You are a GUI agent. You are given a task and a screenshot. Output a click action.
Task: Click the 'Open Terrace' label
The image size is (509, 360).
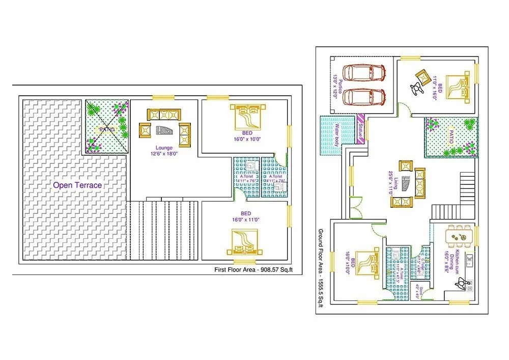point(77,185)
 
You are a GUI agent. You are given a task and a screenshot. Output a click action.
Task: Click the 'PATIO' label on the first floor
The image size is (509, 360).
point(107,129)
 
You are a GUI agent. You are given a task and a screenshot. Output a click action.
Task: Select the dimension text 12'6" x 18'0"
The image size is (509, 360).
point(163,153)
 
